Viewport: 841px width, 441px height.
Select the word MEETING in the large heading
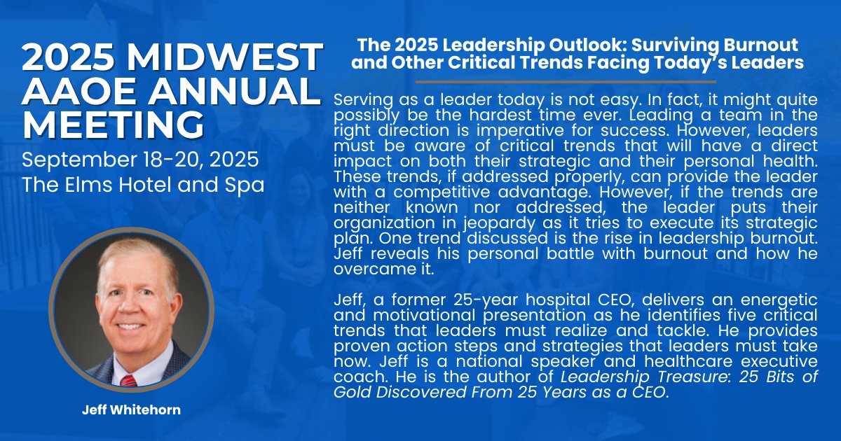(113, 126)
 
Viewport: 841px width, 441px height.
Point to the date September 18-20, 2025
(140, 160)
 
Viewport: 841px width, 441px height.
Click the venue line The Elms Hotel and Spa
(143, 185)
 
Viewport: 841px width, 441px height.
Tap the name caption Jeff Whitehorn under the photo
(131, 410)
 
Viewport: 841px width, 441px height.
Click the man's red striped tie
(128, 381)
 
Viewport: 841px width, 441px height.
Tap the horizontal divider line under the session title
(576, 82)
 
